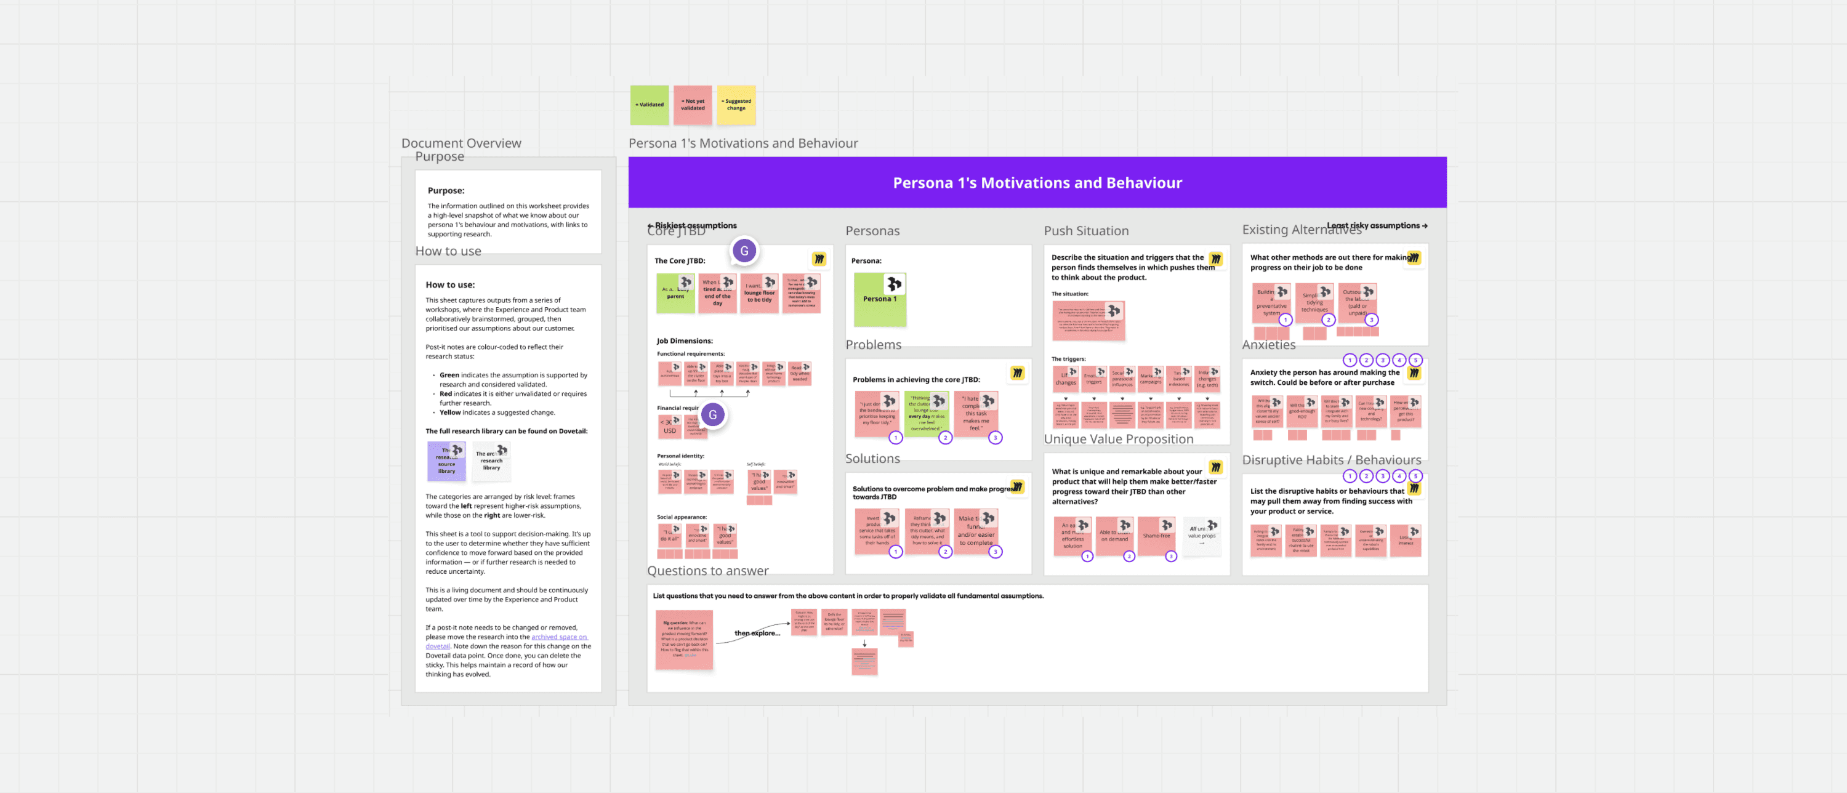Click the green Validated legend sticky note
(649, 105)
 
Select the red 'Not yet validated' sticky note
(692, 105)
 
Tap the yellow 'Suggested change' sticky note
(736, 105)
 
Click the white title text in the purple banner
(1037, 183)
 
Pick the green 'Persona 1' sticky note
(879, 300)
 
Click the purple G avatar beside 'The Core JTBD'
(744, 251)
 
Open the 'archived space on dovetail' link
(558, 637)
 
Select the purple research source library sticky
(446, 461)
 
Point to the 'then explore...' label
(757, 633)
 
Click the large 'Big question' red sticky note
(683, 640)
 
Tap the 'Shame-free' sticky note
(1155, 536)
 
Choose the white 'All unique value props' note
(1201, 534)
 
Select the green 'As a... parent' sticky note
(675, 294)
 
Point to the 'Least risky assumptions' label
(1376, 225)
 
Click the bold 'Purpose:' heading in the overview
(446, 191)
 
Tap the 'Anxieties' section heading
(1268, 345)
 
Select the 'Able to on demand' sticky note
(1114, 536)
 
